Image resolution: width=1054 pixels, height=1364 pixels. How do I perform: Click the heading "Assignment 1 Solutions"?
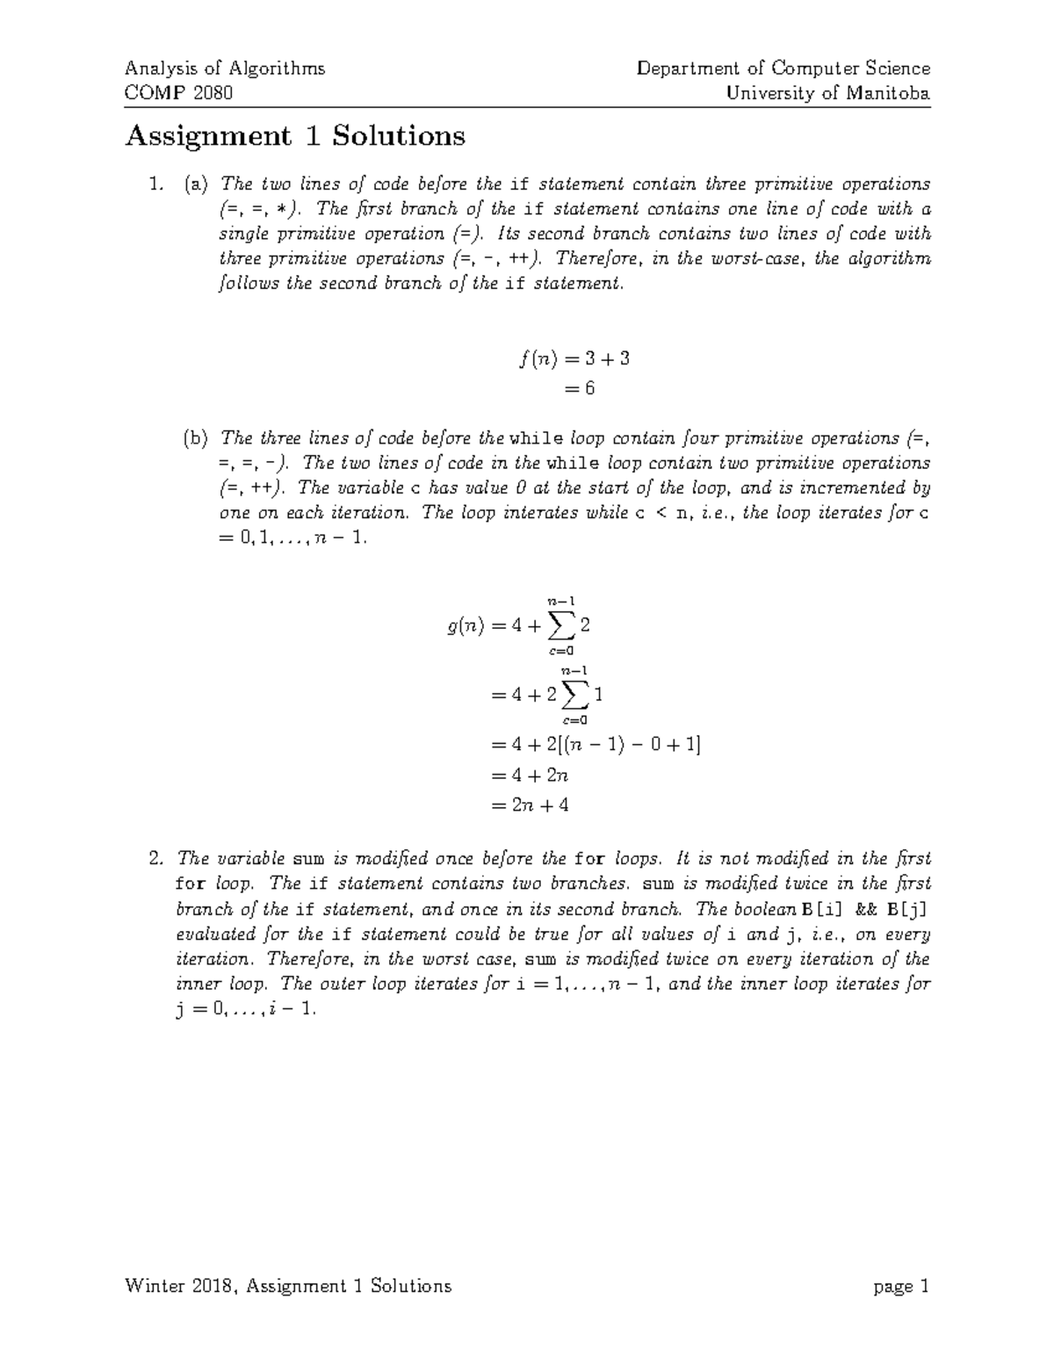(x=295, y=137)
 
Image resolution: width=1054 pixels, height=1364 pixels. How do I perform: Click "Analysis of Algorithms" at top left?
(x=225, y=69)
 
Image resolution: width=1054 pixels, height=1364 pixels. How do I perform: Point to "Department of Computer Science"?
(x=783, y=69)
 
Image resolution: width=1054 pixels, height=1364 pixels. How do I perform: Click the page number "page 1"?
(x=901, y=1287)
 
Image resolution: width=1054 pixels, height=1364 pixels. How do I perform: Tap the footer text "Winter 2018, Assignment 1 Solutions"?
(x=288, y=1287)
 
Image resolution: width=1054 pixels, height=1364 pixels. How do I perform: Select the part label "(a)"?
(x=196, y=184)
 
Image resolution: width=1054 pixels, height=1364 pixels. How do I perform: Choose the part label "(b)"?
(x=196, y=438)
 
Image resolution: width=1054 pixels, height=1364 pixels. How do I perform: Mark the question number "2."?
(x=155, y=858)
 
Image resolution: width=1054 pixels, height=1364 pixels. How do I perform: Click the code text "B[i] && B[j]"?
(x=866, y=909)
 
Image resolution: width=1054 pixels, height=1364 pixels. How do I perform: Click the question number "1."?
(x=155, y=184)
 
